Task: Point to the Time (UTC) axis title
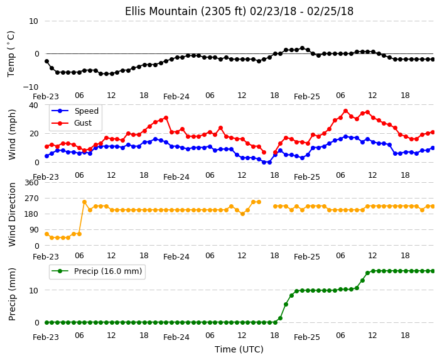239,349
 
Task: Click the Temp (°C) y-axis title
11,54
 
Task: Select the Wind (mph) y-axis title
12,134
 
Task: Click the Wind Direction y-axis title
12,214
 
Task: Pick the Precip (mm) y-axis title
12,294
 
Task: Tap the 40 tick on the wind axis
33,105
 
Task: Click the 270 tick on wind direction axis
31,199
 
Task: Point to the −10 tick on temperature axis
30,87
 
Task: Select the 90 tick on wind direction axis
34,230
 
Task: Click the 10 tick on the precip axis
34,290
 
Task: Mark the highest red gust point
345,111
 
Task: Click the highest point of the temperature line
302,48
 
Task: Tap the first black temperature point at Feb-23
47,61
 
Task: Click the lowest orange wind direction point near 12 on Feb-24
242,214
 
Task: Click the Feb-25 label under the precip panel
306,337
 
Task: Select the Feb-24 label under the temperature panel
176,97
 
